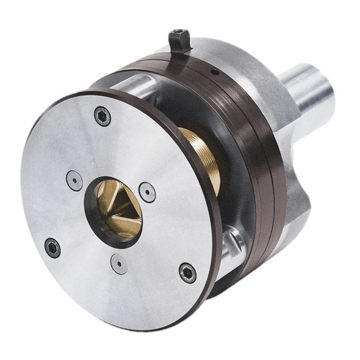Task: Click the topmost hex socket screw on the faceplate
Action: (102, 116)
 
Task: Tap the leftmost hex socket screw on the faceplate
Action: (52, 248)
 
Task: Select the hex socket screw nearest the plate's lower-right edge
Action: (188, 272)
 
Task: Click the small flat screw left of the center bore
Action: (75, 181)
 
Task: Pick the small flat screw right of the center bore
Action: (148, 192)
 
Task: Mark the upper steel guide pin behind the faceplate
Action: (136, 85)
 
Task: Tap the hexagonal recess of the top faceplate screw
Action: (102, 116)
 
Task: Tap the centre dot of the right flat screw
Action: (148, 192)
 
